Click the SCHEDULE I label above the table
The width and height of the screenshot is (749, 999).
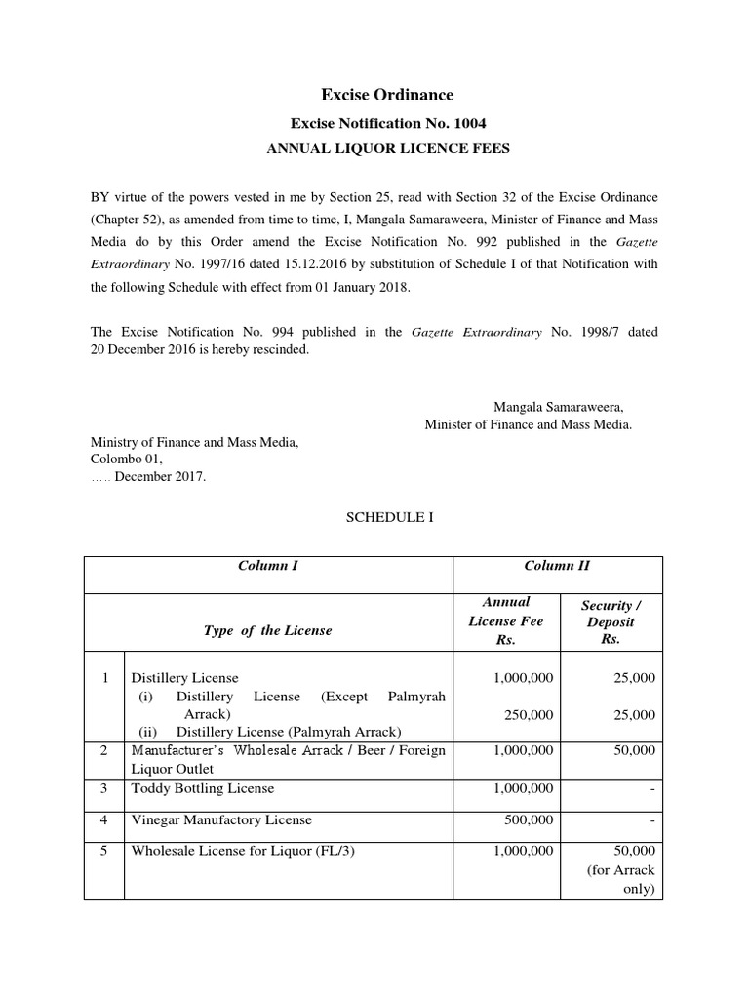click(374, 518)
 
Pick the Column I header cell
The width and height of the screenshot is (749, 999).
click(268, 565)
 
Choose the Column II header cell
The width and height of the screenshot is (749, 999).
click(557, 565)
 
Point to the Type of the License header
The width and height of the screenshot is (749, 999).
click(268, 630)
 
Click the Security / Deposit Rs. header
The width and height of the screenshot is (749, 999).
click(611, 622)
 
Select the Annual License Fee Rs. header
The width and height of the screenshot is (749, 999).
click(505, 621)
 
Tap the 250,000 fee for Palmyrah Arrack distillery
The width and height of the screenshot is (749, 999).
click(529, 714)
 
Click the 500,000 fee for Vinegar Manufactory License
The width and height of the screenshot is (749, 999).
click(529, 820)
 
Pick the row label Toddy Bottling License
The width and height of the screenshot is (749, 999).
click(203, 787)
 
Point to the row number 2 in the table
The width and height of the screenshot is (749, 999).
click(103, 750)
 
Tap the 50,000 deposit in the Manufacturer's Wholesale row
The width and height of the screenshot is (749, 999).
click(634, 750)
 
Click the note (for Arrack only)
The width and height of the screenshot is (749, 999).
click(621, 880)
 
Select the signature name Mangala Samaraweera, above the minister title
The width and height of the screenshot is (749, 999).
click(559, 406)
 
